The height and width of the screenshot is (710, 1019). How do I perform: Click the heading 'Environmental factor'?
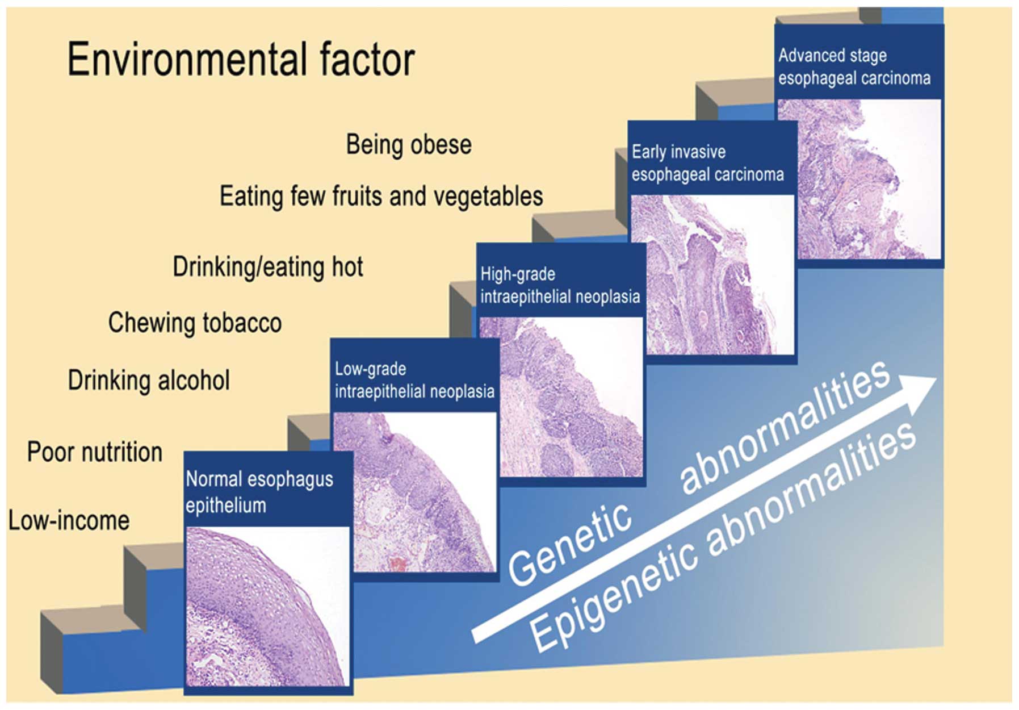click(241, 60)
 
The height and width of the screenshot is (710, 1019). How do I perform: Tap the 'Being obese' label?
click(409, 145)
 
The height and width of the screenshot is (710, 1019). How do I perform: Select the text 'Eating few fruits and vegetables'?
click(381, 197)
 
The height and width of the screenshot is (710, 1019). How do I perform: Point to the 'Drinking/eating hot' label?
click(268, 267)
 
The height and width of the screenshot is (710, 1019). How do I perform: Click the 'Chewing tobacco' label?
click(195, 323)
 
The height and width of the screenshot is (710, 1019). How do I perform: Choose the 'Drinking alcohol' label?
click(149, 381)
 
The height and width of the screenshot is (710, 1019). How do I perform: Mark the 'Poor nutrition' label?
click(95, 452)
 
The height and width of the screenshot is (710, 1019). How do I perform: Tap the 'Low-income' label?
click(69, 521)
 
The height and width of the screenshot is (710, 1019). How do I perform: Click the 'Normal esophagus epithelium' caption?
click(259, 492)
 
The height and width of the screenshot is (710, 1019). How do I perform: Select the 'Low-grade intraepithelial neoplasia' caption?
click(414, 380)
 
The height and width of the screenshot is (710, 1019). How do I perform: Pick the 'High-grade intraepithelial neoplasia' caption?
click(560, 285)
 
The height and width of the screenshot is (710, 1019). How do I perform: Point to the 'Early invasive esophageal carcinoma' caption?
click(707, 163)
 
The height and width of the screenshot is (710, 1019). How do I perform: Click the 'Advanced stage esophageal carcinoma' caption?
click(854, 66)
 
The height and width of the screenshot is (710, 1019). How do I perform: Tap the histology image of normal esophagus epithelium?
click(267, 606)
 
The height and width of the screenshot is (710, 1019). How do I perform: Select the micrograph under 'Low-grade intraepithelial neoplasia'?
click(414, 492)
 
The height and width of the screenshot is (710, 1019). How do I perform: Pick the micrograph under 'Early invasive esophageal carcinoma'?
click(712, 275)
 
